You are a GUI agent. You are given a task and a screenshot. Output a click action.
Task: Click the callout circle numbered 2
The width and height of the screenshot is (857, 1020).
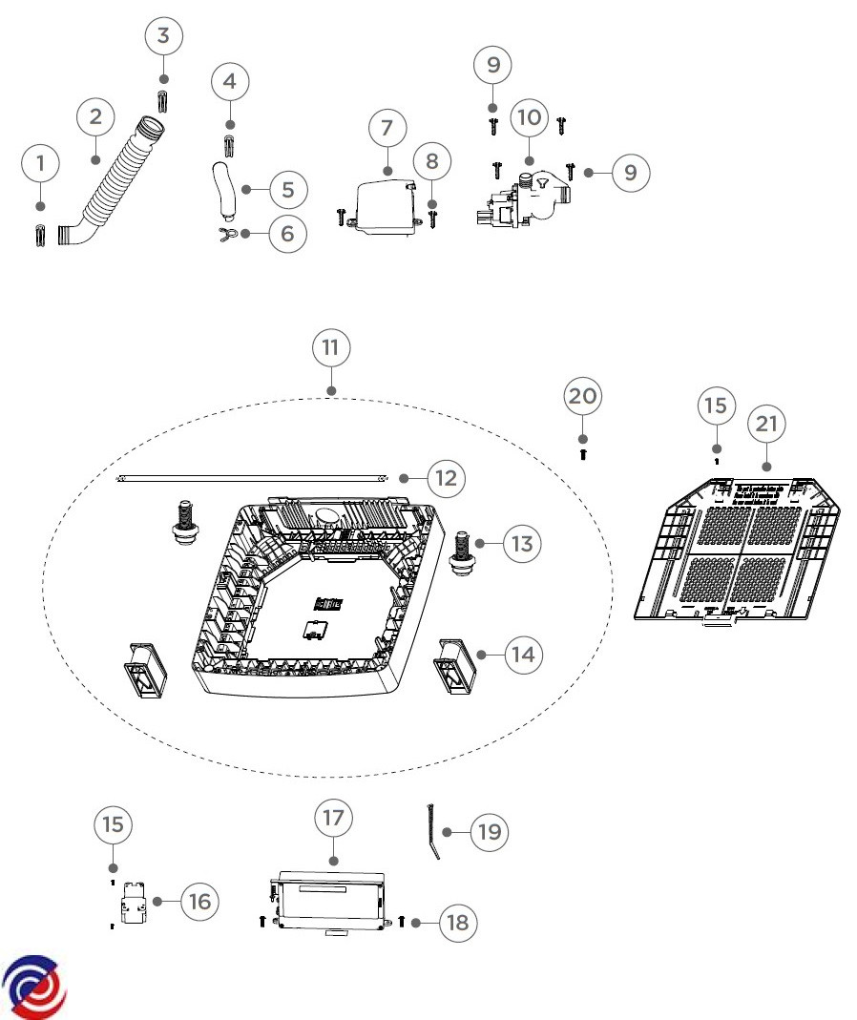[x=95, y=117]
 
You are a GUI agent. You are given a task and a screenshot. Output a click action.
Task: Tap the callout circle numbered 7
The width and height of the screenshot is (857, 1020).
[x=387, y=127]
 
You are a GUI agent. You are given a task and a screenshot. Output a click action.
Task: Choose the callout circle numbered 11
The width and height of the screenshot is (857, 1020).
[x=331, y=348]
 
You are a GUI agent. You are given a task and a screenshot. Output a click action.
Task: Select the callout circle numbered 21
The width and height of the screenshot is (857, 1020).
[x=767, y=424]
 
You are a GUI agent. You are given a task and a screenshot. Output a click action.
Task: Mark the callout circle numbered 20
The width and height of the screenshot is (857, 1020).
[x=583, y=396]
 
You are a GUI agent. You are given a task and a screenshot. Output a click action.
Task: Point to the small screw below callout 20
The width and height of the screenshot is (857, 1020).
[x=583, y=455]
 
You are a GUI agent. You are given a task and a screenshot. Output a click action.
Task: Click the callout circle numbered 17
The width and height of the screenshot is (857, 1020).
[x=333, y=818]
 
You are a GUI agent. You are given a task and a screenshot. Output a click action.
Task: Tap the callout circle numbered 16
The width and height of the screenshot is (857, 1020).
[x=199, y=901]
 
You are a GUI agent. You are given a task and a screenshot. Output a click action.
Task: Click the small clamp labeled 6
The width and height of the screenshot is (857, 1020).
[x=226, y=233]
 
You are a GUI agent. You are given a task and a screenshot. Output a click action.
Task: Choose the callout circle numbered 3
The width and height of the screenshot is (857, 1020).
[x=163, y=36]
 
